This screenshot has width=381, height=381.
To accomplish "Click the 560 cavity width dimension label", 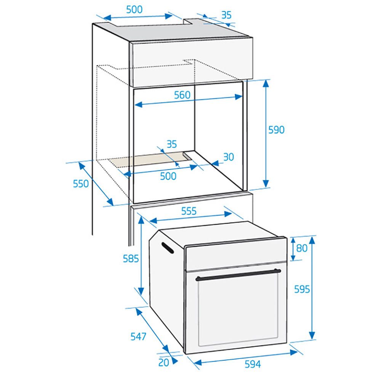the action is point(182,95).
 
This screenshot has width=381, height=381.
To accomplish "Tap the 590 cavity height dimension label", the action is point(276,130).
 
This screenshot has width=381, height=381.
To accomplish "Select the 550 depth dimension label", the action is point(81,184).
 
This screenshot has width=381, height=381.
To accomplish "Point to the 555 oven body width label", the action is point(189,211).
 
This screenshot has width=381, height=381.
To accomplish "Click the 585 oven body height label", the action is point(131,259).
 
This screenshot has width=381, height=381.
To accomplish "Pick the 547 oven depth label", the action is point(139,336).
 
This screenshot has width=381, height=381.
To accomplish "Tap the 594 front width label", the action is point(253,364).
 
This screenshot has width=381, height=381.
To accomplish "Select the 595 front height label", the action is point(302,289).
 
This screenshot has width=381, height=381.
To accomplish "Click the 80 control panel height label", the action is point(302,248).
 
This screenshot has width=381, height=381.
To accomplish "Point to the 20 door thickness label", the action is point(163,363).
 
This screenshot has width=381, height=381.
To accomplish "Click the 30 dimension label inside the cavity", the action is point(229,157).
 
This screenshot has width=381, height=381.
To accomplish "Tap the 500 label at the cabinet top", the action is point(134,10).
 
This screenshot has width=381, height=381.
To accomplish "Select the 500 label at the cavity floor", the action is point(168,176).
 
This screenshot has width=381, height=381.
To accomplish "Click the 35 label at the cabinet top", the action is point(226,15).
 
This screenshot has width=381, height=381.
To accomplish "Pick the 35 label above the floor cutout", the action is point(171,144).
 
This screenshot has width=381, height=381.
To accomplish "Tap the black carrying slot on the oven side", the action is point(167,248).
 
